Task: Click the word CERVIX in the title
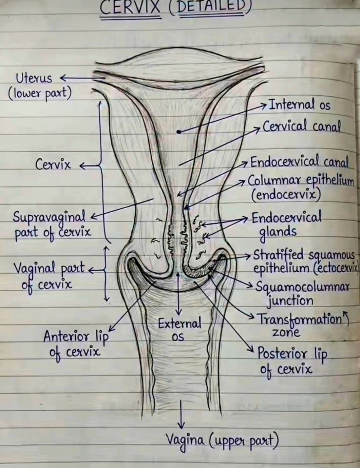[x=130, y=7]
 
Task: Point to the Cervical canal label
[x=302, y=126]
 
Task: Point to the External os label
[x=179, y=329]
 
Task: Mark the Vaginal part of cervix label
[x=49, y=276]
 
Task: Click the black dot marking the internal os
[x=178, y=132]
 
